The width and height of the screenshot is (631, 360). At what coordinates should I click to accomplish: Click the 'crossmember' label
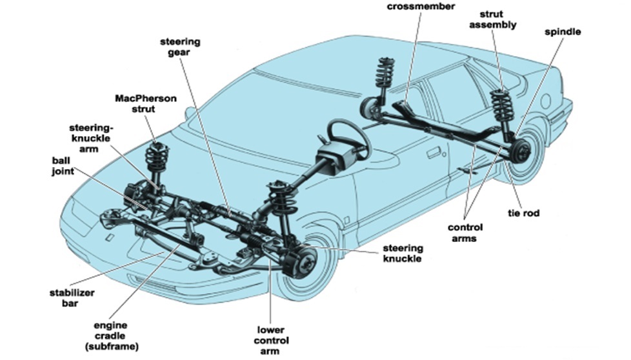click(x=421, y=7)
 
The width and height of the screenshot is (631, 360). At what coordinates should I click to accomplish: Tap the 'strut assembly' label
click(x=492, y=19)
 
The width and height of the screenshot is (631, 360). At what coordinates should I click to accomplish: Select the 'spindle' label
click(x=563, y=32)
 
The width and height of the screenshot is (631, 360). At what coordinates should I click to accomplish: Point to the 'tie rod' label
click(x=523, y=213)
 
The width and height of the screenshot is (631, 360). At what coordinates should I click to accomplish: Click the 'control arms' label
click(x=465, y=233)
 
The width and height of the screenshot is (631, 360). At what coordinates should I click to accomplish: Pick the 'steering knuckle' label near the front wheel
click(x=403, y=254)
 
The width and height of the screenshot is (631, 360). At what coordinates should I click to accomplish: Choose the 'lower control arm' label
click(x=271, y=341)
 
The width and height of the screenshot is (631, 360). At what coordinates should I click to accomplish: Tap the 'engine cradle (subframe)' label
click(x=111, y=336)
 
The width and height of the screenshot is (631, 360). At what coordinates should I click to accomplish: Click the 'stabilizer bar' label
click(x=72, y=298)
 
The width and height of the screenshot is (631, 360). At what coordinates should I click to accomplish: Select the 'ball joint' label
click(x=63, y=166)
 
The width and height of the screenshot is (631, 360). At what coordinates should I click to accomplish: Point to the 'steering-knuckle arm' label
click(x=90, y=138)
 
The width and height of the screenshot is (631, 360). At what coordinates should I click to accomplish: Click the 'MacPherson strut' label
click(x=146, y=104)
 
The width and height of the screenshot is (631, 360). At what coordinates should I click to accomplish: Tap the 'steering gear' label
click(x=180, y=47)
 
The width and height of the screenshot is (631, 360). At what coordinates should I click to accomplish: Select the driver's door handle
click(x=433, y=153)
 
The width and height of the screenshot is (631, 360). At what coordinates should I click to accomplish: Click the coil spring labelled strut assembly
click(x=501, y=106)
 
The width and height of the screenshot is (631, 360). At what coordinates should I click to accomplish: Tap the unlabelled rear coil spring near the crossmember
click(x=385, y=73)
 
